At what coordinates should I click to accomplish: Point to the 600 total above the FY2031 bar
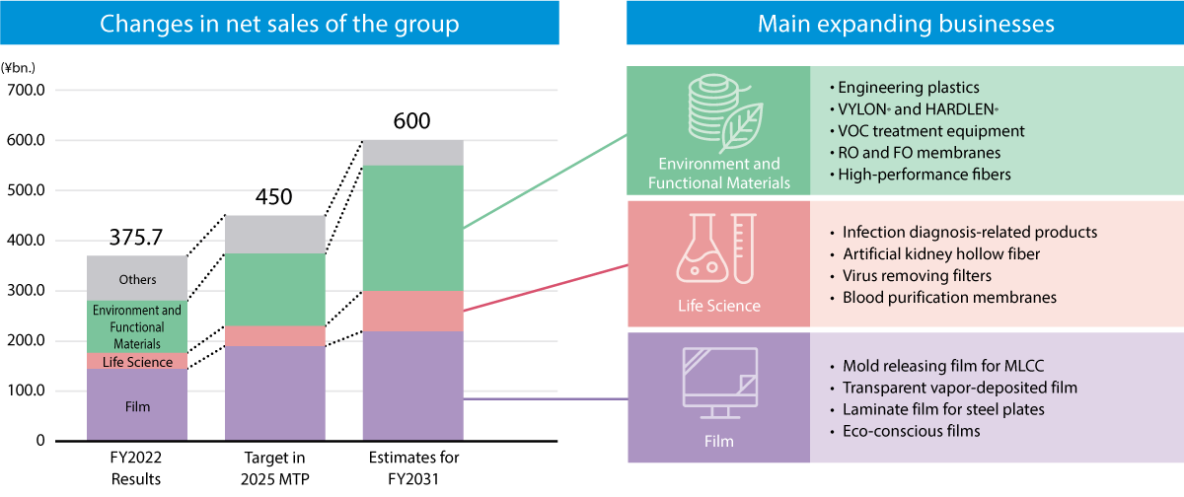point(412,122)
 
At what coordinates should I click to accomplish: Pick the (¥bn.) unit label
point(19,69)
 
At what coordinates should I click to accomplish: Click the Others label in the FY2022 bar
point(137,279)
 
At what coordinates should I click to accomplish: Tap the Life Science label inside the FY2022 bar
point(137,362)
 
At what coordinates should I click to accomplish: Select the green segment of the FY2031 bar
point(413,227)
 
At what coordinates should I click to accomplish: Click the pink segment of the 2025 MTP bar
point(275,335)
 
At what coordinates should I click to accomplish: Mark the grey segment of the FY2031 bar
point(413,152)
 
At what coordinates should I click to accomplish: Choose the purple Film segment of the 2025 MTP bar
point(275,392)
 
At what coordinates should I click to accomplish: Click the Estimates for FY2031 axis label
point(413,467)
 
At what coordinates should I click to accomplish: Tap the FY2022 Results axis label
point(136,467)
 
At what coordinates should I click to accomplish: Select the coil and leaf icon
point(718,112)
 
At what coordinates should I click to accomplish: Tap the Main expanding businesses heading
point(905,24)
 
